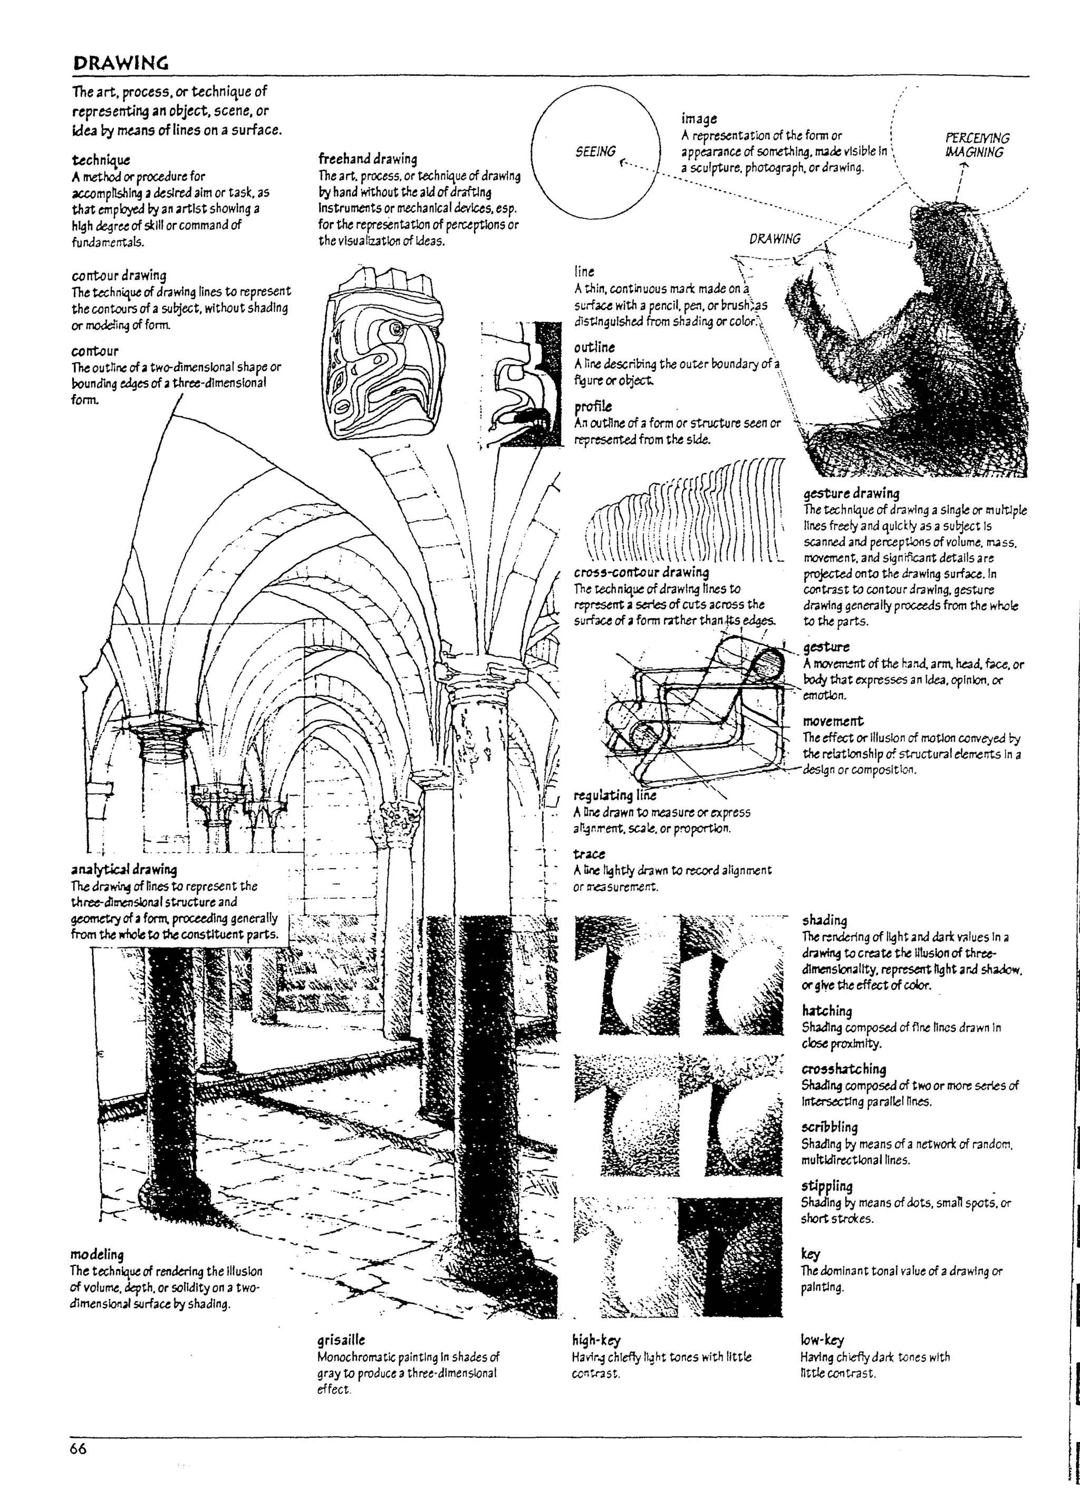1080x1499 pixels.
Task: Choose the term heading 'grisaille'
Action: [341, 1340]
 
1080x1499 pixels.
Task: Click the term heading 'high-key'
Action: [596, 1340]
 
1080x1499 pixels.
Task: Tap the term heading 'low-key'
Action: [822, 1340]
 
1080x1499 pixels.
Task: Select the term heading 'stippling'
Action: [827, 1185]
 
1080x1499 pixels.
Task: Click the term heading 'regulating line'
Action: [614, 795]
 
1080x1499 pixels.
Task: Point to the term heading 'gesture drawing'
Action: [851, 493]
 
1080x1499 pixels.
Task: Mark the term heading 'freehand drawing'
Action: [368, 159]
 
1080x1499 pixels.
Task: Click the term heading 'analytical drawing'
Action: [124, 869]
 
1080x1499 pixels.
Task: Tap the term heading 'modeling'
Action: [97, 1254]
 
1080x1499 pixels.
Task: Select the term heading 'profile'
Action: [593, 406]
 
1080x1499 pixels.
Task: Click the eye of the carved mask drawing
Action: [397, 329]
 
